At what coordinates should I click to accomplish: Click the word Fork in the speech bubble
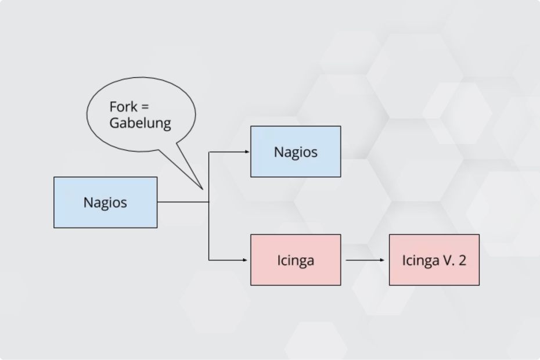coord(123,107)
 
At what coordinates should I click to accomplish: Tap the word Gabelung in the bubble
coord(140,123)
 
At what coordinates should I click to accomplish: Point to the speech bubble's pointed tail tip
coord(201,189)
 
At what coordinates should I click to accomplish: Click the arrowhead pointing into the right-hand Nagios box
coord(247,152)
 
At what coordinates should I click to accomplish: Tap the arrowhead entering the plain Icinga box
coord(247,260)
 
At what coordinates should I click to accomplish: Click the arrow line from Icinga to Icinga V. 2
coord(363,260)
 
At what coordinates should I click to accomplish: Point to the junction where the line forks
coord(209,202)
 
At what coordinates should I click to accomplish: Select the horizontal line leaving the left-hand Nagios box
coord(182,202)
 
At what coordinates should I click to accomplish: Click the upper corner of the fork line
coord(209,152)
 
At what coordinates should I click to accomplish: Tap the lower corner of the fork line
coord(209,260)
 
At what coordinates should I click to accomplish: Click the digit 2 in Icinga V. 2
coord(462,260)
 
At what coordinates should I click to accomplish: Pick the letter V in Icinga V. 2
coord(448,260)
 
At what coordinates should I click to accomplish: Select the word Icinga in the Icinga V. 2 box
coord(420,261)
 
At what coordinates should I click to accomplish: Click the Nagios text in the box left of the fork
coord(105,203)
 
